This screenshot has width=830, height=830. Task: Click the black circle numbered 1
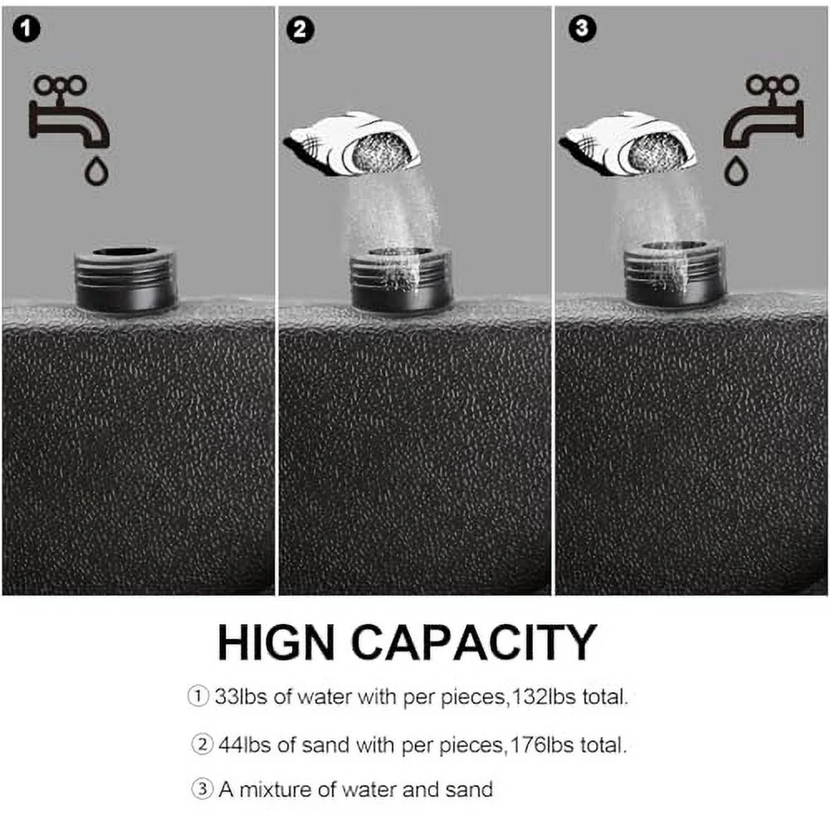tap(26, 28)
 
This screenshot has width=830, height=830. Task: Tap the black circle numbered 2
tap(300, 30)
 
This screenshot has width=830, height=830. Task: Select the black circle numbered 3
tap(582, 28)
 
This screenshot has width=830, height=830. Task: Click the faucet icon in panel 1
tap(68, 112)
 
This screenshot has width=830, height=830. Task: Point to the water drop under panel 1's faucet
tap(97, 170)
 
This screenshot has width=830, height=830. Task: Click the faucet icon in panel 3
tap(764, 112)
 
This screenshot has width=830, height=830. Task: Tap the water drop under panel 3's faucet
tap(735, 170)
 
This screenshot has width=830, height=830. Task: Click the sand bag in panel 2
tap(353, 144)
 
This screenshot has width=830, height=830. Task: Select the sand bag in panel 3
tap(628, 144)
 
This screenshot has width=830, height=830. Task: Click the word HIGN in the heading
tap(276, 642)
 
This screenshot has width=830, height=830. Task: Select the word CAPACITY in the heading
tap(474, 642)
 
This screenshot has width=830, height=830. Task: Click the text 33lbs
tap(241, 696)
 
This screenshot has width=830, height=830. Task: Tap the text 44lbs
tap(245, 745)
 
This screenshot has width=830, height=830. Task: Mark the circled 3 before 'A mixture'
tap(202, 789)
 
